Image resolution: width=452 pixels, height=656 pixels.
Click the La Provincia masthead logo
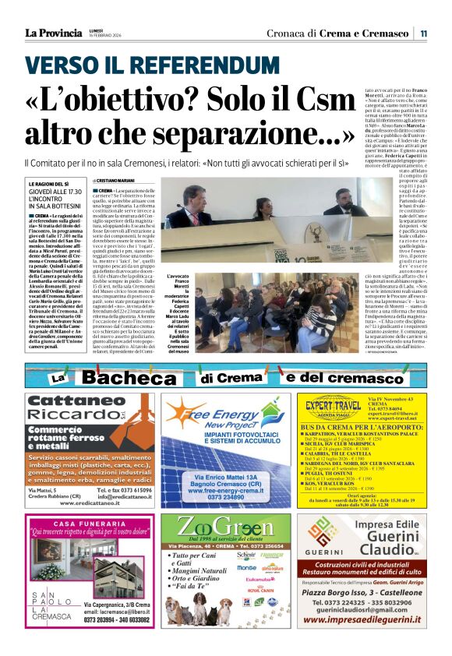[53, 33]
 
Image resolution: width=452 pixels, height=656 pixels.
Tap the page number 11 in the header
[424, 33]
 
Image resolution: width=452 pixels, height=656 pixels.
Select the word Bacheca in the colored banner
[129, 378]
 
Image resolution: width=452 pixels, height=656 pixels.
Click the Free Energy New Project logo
[210, 418]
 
